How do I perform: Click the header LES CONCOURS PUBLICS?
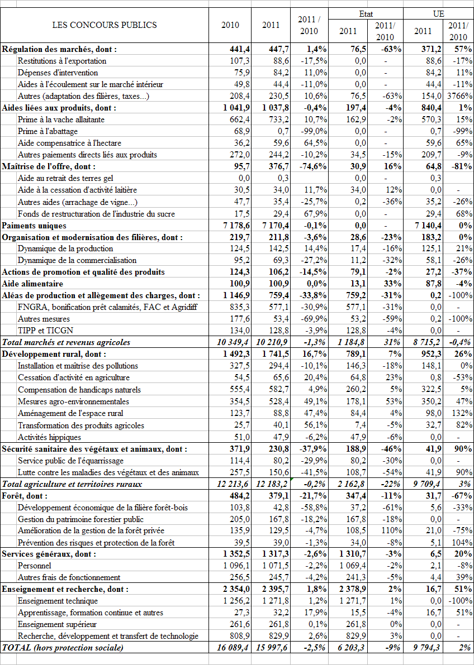click(x=105, y=25)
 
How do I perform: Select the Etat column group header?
click(x=366, y=13)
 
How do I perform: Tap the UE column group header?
click(x=439, y=13)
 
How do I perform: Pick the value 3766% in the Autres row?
click(x=459, y=96)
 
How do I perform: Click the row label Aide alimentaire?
click(x=27, y=284)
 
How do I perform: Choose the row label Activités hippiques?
click(x=49, y=437)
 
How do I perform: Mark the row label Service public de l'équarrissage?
click(x=71, y=461)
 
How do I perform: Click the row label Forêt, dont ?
click(x=25, y=496)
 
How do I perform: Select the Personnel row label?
click(x=35, y=566)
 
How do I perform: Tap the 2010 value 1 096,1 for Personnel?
click(x=235, y=566)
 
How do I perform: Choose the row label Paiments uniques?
click(x=34, y=226)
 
